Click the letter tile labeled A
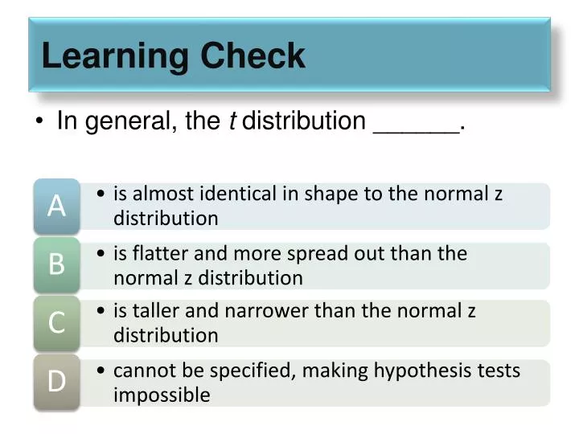56,206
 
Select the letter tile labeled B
56,264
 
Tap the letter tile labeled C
56,323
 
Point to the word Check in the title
253,57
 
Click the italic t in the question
232,121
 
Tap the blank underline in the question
416,129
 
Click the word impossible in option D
162,395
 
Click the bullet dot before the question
40,122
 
